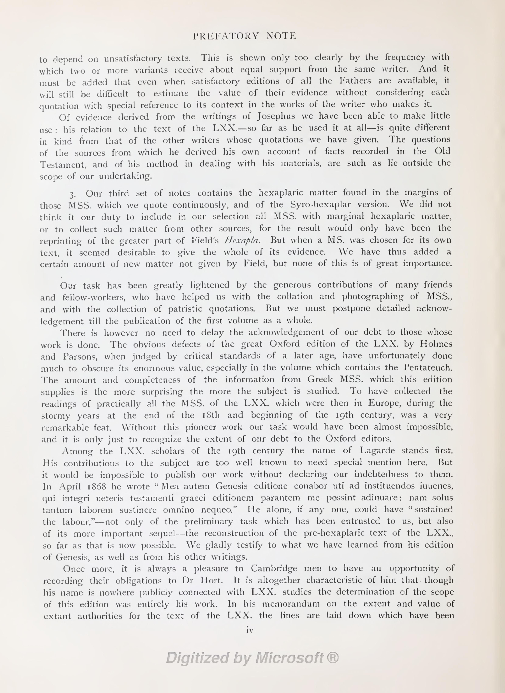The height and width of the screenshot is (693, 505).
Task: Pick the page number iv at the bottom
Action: click(x=250, y=630)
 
